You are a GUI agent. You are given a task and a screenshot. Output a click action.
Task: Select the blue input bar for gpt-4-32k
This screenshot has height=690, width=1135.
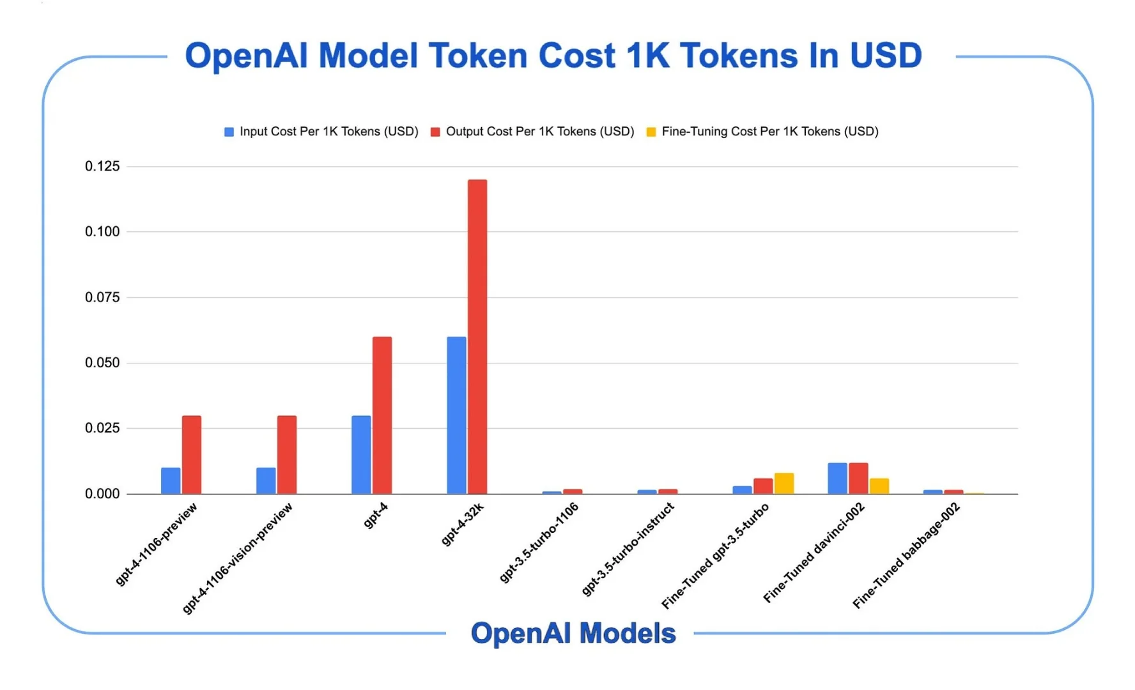coord(456,415)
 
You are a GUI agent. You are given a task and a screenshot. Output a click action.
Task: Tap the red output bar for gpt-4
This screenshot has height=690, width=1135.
coord(382,415)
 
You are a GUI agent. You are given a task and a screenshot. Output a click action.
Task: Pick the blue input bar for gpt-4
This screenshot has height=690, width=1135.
coord(360,455)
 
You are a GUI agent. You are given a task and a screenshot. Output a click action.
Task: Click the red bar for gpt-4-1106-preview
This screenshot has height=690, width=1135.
coord(191,455)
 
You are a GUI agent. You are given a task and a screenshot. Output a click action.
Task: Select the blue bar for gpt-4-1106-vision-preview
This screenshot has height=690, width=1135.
coord(266,481)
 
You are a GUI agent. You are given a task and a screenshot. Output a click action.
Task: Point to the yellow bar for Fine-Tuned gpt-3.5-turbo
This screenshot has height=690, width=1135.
coord(784,484)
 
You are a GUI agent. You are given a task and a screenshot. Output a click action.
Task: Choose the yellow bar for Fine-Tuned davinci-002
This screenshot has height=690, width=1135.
coord(879,486)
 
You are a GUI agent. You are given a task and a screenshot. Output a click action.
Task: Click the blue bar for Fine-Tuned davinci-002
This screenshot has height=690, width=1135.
coord(837,479)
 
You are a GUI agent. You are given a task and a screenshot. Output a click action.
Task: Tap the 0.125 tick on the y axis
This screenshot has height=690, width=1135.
coord(102,167)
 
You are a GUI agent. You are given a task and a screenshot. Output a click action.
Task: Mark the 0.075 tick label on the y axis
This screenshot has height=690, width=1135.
coord(102,297)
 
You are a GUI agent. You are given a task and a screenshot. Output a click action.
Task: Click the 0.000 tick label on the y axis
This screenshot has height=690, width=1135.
coord(102,494)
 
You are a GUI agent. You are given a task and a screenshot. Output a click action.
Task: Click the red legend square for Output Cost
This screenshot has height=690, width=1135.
coord(435,132)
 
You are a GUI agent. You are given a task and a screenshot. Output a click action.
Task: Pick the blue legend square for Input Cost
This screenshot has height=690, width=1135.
coord(229,132)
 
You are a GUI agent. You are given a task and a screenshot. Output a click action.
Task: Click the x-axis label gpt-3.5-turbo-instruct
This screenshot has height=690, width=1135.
coord(628,549)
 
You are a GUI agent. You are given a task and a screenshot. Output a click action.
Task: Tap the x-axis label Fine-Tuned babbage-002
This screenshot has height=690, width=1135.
coord(906,555)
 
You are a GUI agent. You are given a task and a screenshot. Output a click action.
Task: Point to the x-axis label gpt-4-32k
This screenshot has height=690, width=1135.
coord(463,525)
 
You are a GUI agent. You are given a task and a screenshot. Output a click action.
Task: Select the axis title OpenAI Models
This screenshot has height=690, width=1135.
coord(573,633)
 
